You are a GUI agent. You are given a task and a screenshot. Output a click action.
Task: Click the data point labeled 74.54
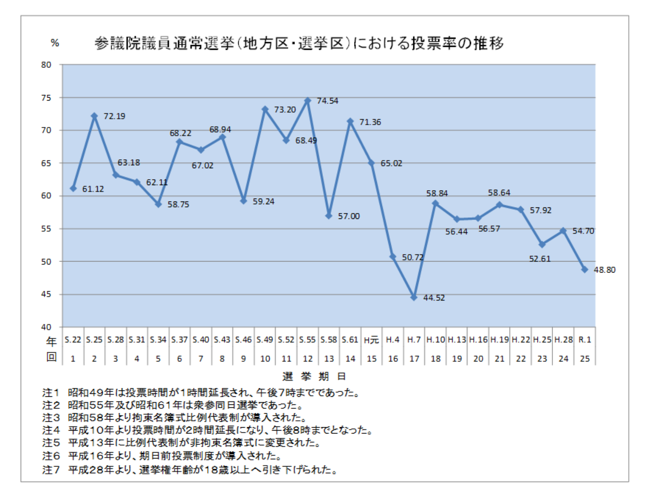pyautogui.click(x=308, y=101)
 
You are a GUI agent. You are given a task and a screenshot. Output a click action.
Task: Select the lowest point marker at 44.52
pyautogui.click(x=414, y=297)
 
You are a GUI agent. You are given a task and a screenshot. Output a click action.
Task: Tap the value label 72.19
pyautogui.click(x=115, y=116)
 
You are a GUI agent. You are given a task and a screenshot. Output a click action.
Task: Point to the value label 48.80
pyautogui.click(x=605, y=270)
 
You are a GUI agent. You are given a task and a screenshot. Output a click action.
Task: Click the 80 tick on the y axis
pyautogui.click(x=46, y=65)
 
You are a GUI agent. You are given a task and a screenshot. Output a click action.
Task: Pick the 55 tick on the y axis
pyautogui.click(x=46, y=229)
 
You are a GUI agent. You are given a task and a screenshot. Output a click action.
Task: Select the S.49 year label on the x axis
pyautogui.click(x=265, y=340)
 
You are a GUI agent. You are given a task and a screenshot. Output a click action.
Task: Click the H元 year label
pyautogui.click(x=371, y=340)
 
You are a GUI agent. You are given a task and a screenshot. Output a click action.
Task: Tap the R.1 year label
pyautogui.click(x=585, y=340)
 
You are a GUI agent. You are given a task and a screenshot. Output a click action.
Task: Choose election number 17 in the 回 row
pyautogui.click(x=414, y=359)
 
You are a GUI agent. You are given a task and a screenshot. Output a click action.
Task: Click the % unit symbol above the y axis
pyautogui.click(x=55, y=43)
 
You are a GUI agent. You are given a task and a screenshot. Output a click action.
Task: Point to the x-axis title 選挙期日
pyautogui.click(x=314, y=376)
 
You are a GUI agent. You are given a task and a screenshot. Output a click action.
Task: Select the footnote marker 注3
pyautogui.click(x=51, y=417)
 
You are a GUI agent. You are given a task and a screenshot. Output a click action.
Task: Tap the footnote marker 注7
pyautogui.click(x=51, y=469)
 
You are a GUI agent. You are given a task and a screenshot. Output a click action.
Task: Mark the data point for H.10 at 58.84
pyautogui.click(x=435, y=203)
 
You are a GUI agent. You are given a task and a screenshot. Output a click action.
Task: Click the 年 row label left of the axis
pyautogui.click(x=51, y=341)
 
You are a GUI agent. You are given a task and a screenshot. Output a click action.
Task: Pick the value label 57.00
pyautogui.click(x=349, y=216)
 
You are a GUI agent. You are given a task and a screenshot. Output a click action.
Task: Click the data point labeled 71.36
pyautogui.click(x=350, y=122)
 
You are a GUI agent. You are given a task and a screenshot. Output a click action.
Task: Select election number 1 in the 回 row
pyautogui.click(x=73, y=359)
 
